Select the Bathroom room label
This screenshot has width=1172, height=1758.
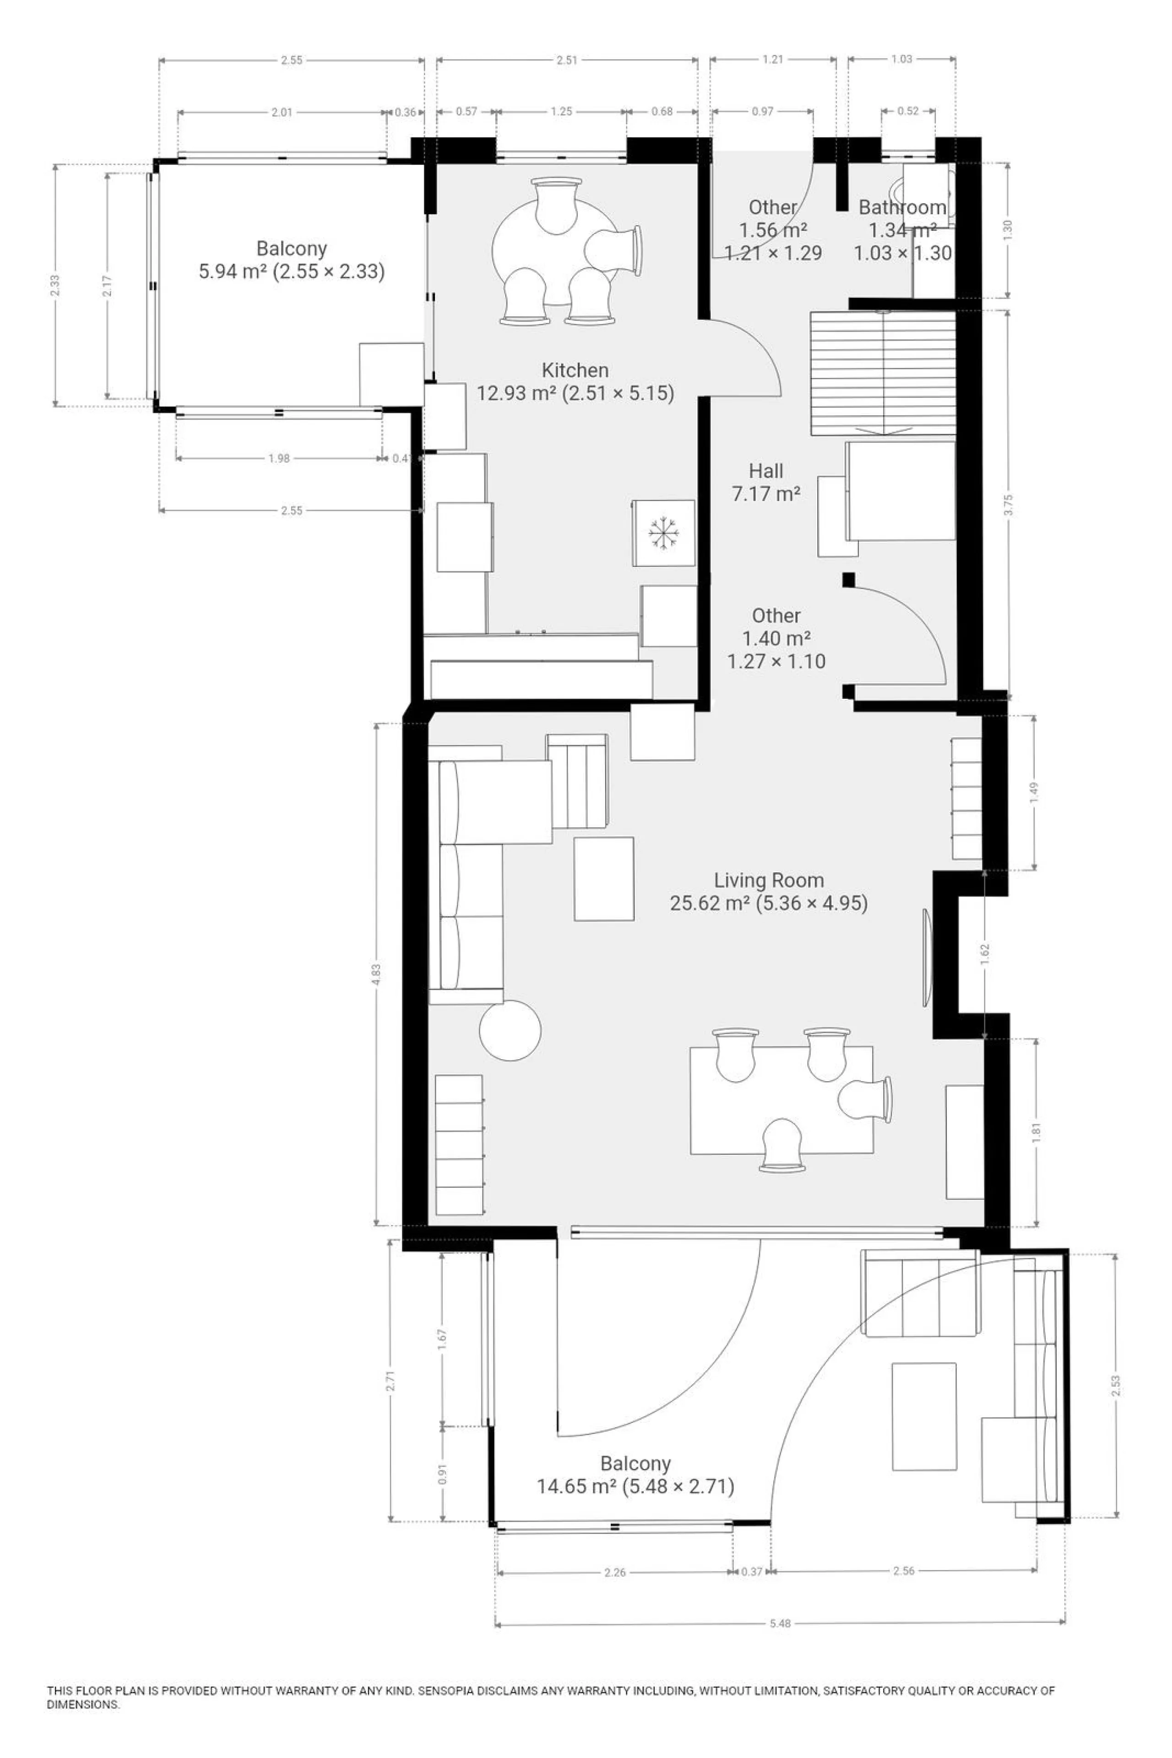click(x=902, y=207)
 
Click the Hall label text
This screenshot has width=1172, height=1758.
click(x=766, y=471)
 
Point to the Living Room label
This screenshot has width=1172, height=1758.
click(x=768, y=881)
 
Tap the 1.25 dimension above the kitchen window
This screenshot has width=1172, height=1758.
click(x=561, y=111)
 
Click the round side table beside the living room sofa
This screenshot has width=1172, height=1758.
click(x=510, y=1029)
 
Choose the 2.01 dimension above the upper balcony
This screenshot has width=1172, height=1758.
click(x=282, y=113)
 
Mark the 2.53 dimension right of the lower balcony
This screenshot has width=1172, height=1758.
click(x=1116, y=1387)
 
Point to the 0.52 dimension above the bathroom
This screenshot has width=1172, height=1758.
click(x=908, y=111)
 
